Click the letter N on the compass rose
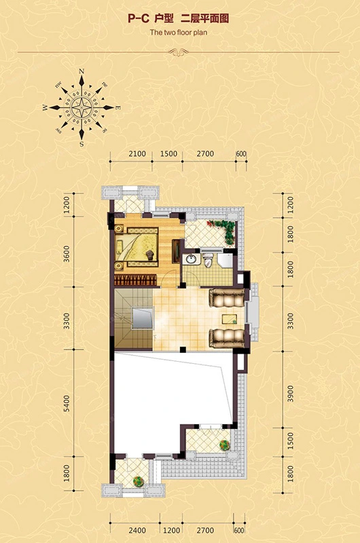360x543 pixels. pos(82,71)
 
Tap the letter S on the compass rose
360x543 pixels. pos(82,144)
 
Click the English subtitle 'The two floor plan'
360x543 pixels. pos(179,33)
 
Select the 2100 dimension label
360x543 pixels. pos(137,154)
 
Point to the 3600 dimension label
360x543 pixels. pos(67,253)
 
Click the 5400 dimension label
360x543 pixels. pos(67,403)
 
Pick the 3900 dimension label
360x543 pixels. pos(290,394)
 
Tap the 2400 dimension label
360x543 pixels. pos(137,530)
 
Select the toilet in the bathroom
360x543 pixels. pos(208,259)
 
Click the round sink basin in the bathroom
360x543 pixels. pos(190,259)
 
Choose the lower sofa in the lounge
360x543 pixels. pos(227,338)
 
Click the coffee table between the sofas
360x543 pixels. pos(230,319)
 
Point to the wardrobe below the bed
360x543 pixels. pos(136,280)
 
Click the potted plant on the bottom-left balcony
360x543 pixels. pos(139,481)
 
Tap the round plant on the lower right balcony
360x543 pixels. pos(225,445)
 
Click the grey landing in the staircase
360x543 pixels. pos(142,318)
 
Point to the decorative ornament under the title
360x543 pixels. pos(179,52)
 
